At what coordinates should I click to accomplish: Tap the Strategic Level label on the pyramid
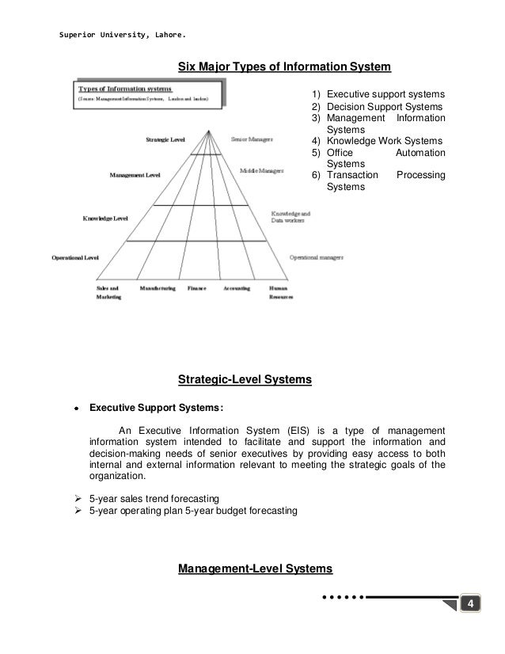[165, 139]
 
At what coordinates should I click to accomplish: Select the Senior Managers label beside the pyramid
[252, 139]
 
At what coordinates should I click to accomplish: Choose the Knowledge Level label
[105, 217]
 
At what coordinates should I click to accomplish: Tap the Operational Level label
[75, 257]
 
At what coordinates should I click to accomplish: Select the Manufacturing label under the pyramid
[158, 288]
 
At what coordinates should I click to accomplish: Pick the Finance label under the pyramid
[196, 288]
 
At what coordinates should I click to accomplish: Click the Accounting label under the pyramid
[237, 288]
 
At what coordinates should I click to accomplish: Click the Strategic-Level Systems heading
[245, 381]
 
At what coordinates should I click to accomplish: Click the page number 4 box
[472, 606]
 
